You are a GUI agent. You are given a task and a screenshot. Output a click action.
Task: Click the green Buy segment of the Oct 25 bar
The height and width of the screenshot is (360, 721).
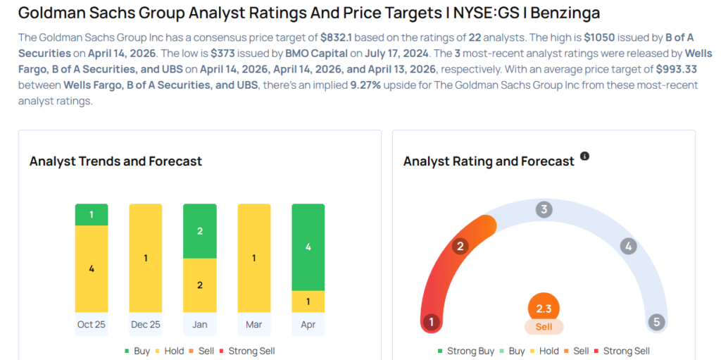pos(92,215)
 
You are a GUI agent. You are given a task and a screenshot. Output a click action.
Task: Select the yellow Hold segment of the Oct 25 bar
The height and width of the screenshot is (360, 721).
pos(92,268)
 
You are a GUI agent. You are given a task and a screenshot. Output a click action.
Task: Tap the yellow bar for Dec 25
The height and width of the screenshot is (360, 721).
pos(146,258)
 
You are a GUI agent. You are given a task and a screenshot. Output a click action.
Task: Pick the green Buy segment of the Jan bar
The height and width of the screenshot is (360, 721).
pos(199,231)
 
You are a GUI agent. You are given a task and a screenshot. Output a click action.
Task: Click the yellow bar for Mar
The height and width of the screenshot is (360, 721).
pos(254,258)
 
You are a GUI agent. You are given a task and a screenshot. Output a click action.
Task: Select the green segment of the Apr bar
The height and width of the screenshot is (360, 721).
pos(308,247)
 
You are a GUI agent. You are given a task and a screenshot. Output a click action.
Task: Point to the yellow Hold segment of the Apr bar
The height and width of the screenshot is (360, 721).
pos(308,302)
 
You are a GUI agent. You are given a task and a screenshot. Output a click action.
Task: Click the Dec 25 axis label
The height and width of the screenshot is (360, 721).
pos(146,325)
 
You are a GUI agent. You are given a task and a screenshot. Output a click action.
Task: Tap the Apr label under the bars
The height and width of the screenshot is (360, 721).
pos(308,325)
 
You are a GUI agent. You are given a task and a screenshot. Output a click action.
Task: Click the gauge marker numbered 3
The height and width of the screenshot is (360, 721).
pos(543,209)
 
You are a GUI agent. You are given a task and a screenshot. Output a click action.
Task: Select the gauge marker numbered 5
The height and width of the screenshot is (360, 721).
pos(656,322)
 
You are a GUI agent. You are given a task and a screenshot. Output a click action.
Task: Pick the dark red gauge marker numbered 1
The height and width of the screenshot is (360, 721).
pos(430,322)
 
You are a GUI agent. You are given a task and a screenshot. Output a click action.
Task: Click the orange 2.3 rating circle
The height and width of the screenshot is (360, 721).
pos(544,309)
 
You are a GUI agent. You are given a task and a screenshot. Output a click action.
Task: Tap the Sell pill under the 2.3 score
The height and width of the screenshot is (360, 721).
pos(544,327)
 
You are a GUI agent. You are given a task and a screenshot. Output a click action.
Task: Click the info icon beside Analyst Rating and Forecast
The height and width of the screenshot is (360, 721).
pos(584,156)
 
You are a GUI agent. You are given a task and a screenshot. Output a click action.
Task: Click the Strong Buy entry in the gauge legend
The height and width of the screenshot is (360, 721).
pos(470,351)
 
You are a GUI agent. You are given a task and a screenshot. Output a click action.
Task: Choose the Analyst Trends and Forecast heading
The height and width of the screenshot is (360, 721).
pos(115,161)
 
